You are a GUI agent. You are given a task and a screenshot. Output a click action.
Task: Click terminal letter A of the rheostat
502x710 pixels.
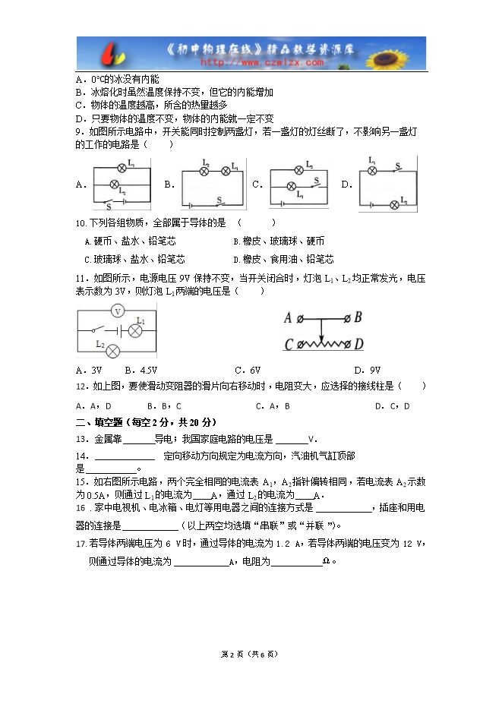click(x=288, y=318)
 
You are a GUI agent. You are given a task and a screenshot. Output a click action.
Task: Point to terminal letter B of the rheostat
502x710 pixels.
click(x=358, y=318)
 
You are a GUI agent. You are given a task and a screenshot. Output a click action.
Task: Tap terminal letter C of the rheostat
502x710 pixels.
click(x=289, y=345)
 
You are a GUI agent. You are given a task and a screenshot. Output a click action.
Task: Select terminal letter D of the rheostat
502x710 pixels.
click(x=358, y=345)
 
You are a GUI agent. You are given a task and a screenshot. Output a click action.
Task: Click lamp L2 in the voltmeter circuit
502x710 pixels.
click(x=112, y=350)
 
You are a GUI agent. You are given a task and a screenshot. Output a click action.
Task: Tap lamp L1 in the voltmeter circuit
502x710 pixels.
click(x=136, y=330)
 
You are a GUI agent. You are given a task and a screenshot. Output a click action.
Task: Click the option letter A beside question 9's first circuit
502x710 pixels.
click(x=80, y=185)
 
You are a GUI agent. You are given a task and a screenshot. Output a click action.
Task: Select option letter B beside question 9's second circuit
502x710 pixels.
click(x=169, y=185)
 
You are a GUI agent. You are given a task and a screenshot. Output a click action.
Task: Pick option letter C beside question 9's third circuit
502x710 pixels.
click(x=257, y=185)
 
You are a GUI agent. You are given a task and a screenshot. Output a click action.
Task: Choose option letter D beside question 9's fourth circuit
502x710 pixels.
click(x=346, y=185)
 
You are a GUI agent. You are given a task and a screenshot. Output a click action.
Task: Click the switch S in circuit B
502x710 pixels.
click(x=219, y=201)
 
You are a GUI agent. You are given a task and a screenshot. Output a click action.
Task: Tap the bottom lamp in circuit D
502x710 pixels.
click(x=393, y=204)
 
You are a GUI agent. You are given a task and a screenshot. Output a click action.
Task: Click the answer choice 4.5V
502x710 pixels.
click(x=143, y=371)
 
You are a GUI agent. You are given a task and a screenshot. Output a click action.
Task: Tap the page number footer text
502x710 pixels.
click(x=250, y=653)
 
